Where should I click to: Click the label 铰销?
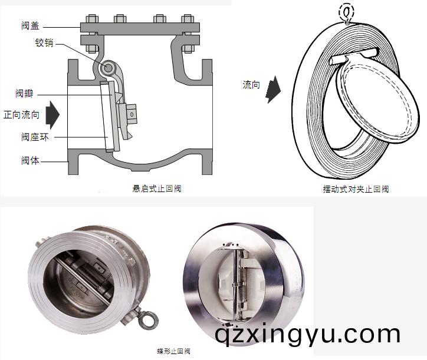[x=44, y=42]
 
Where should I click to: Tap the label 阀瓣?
[x=24, y=94]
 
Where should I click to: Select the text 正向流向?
[x=21, y=115]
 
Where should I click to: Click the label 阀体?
[x=29, y=160]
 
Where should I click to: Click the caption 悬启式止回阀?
[x=156, y=189]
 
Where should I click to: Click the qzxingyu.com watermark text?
[x=308, y=334]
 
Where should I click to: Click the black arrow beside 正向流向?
[x=53, y=115]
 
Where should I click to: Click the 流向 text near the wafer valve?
[x=251, y=85]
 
